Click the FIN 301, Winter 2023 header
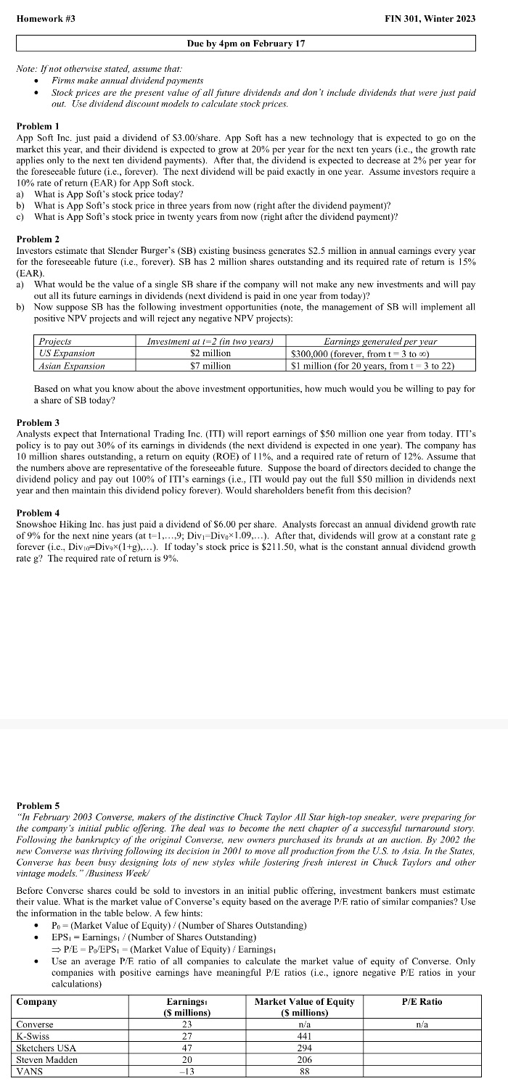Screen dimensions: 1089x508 430,18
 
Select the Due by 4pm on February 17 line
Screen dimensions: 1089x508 245,44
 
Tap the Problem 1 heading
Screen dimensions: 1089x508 38,126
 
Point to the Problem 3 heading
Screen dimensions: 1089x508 38,422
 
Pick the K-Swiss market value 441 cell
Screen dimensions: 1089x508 305,1036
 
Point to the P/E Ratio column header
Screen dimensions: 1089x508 421,1001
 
